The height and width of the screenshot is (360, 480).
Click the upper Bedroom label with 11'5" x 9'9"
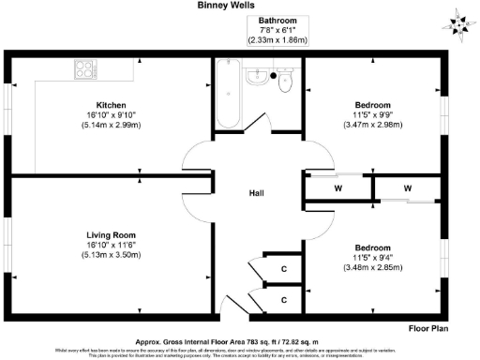pyautogui.click(x=373, y=104)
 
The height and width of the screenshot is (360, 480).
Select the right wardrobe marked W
pyautogui.click(x=408, y=188)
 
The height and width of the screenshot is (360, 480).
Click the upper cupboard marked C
pyautogui.click(x=284, y=270)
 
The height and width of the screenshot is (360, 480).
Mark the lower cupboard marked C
pyautogui.click(x=284, y=300)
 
